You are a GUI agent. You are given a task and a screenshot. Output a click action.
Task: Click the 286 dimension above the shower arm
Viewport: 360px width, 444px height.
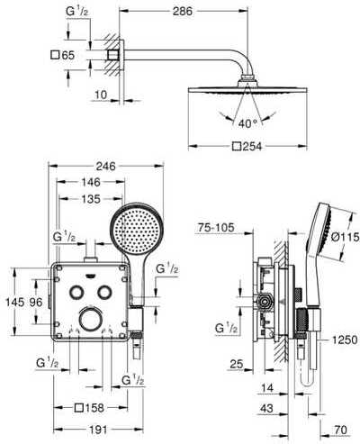tap(182, 12)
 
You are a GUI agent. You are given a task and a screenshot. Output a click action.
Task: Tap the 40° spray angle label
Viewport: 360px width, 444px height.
tap(248, 123)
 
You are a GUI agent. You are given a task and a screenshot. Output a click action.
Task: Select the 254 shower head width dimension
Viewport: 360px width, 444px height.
tap(247, 147)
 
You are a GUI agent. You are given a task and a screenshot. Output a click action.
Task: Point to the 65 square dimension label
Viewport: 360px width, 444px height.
tap(63, 55)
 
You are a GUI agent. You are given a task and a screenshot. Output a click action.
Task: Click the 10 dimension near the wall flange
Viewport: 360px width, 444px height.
tap(101, 95)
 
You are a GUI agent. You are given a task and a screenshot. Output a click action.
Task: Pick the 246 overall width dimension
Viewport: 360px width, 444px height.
tap(105, 166)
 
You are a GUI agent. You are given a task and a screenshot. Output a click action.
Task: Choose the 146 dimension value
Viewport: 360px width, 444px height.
tap(91, 182)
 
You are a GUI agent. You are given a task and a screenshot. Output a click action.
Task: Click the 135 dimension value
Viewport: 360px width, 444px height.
tap(91, 199)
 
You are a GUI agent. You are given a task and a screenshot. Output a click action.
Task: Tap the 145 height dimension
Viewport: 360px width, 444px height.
tap(15, 302)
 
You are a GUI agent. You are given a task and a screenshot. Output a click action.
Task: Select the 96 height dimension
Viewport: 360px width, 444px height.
tap(36, 302)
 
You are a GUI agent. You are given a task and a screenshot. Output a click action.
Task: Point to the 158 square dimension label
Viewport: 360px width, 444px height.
tap(89, 408)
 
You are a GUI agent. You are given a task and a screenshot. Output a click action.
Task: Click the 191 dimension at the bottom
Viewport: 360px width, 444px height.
tap(98, 430)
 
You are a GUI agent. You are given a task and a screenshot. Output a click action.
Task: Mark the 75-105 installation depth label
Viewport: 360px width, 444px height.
tap(216, 228)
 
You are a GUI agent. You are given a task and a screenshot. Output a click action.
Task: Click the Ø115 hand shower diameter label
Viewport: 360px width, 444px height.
tap(345, 237)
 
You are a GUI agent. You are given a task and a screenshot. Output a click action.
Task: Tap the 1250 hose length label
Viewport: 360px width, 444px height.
tap(345, 340)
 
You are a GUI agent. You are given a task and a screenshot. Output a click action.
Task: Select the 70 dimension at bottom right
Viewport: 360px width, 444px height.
tap(340, 430)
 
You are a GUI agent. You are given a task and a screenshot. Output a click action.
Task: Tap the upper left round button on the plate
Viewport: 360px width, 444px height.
tap(76, 292)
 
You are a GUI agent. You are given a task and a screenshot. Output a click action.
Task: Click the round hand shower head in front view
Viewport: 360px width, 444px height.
tap(137, 229)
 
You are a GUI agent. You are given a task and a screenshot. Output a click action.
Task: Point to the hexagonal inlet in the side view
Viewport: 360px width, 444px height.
tap(264, 302)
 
